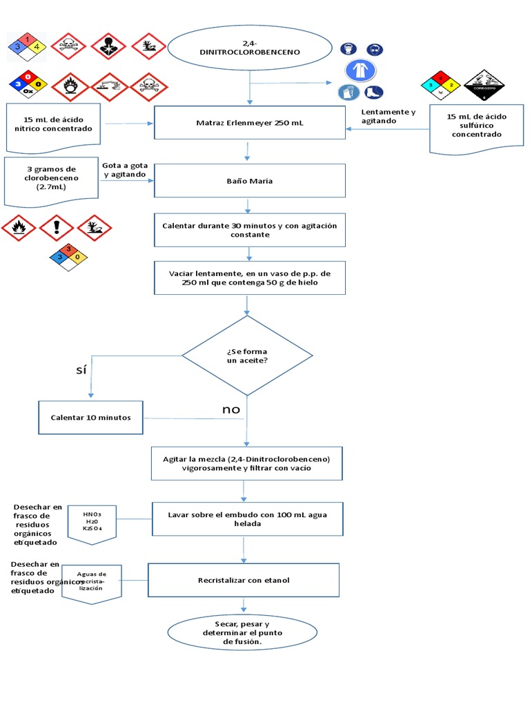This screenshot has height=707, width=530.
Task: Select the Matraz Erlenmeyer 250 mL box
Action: [x=249, y=123]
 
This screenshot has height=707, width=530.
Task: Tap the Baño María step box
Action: [x=249, y=181]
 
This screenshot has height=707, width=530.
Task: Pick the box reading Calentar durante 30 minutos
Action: [x=249, y=230]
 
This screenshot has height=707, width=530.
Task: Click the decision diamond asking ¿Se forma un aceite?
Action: [x=247, y=356]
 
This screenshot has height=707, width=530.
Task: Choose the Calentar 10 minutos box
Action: [x=90, y=418]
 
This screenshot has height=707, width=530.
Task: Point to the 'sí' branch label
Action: [x=81, y=370]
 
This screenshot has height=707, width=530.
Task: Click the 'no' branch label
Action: [x=231, y=409]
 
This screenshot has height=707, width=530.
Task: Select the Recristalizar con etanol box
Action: [x=244, y=580]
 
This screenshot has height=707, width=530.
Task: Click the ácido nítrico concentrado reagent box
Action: [x=53, y=127]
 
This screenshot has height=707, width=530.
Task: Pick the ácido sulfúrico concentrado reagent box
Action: [x=477, y=128]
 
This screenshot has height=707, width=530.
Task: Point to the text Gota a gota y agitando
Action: [x=124, y=171]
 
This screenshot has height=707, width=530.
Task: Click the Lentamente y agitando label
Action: [x=389, y=116]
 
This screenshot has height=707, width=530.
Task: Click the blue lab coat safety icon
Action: [x=361, y=70]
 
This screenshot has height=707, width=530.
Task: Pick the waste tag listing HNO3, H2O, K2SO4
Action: [x=92, y=521]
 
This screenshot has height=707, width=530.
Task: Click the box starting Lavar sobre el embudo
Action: [x=248, y=519]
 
